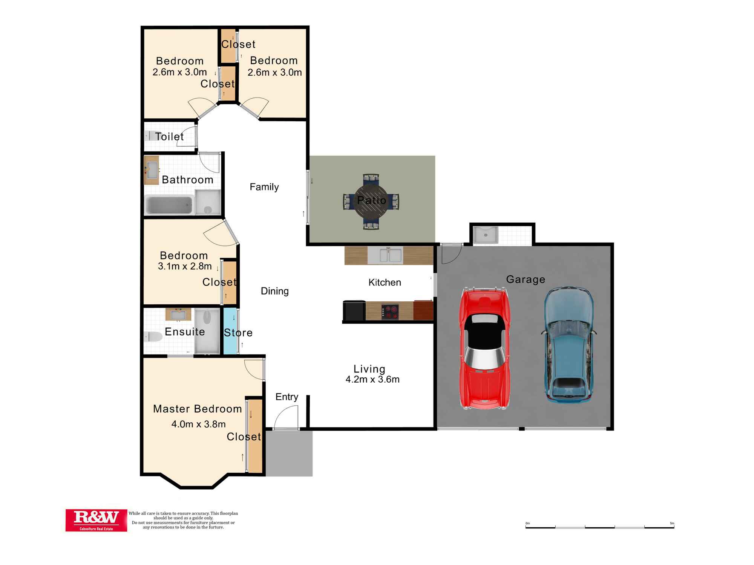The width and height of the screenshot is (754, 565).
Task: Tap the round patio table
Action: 371,201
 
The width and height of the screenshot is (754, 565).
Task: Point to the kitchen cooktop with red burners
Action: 390,312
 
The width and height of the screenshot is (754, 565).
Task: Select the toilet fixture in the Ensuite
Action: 153,336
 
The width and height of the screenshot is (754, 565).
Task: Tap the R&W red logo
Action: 96,520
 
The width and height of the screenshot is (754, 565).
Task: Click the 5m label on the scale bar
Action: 672,523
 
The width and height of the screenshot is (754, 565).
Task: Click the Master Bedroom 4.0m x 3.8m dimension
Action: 198,424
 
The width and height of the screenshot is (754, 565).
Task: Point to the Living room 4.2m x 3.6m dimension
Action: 372,379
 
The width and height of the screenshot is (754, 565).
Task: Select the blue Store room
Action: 230,331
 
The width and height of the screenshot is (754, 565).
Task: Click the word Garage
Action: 526,279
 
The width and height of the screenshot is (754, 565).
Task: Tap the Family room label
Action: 264,187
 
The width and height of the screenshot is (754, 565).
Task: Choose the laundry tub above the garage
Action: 486,235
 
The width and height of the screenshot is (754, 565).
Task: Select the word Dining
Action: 275,291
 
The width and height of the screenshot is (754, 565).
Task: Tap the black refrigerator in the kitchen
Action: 354,311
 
